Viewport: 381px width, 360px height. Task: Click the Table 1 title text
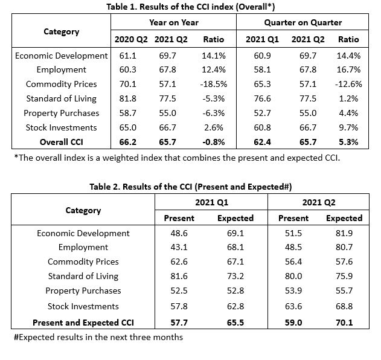190,7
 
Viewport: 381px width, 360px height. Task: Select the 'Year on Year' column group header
173,23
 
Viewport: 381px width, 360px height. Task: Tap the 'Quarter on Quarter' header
303,23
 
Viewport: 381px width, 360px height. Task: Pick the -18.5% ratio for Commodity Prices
213,84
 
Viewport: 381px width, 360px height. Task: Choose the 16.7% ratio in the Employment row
348,69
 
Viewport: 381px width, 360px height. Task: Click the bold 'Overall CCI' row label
61,143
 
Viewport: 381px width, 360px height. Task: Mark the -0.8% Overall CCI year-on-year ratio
213,143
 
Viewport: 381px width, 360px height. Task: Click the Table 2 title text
190,187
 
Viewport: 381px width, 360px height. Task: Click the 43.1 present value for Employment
179,247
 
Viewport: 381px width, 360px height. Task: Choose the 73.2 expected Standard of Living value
235,277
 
